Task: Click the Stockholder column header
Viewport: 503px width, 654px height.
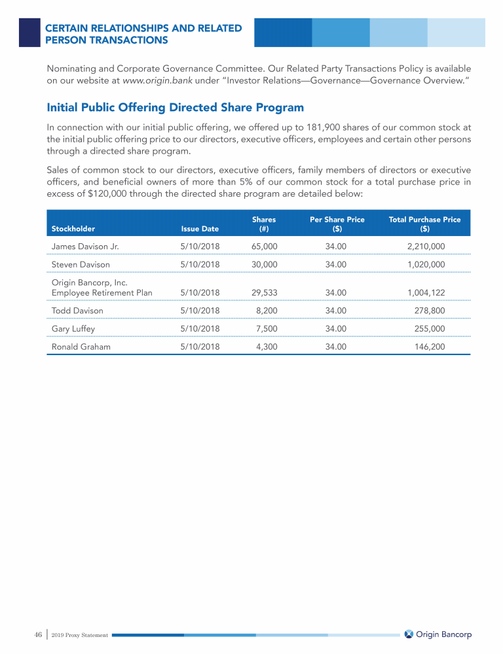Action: point(73,229)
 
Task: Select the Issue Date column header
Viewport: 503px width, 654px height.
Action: point(200,229)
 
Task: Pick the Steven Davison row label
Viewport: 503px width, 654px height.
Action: point(81,264)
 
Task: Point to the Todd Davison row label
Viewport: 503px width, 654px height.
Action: point(77,311)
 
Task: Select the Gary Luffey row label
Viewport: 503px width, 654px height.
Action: point(73,329)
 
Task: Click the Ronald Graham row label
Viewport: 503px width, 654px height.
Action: point(81,347)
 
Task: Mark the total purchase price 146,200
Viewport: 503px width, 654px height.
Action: point(430,347)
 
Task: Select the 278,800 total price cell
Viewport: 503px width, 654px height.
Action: point(430,311)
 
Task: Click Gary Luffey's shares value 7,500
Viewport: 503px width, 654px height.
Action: point(267,329)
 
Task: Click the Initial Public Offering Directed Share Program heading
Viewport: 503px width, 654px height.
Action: point(176,107)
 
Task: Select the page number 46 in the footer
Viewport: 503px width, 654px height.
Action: point(38,634)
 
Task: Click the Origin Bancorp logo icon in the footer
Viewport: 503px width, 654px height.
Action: point(409,634)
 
